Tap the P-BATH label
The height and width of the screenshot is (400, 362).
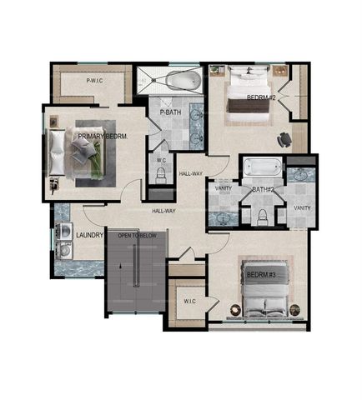coord(171,112)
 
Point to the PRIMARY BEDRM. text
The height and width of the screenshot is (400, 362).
coord(103,136)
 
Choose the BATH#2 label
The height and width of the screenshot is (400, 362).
coord(264,189)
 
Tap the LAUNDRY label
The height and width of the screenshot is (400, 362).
coord(89,236)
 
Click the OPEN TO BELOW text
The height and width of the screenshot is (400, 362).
coord(136,236)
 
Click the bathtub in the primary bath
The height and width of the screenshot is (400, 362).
coord(183,81)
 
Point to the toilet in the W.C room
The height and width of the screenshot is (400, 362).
coord(162,175)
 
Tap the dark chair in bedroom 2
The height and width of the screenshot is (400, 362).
coord(286,138)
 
